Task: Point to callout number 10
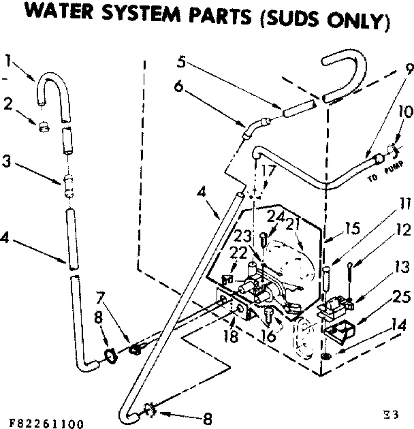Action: click(x=404, y=111)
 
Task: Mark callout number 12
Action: click(x=403, y=229)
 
